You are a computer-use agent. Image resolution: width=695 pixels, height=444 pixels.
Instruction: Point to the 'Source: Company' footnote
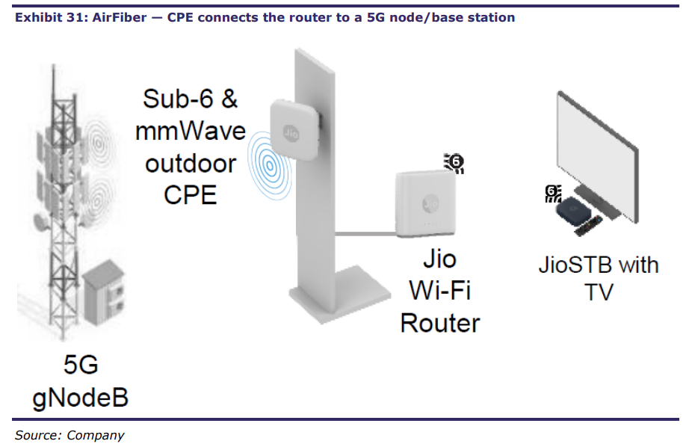coord(69,434)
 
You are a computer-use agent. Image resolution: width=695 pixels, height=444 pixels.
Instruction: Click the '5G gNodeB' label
coord(81,381)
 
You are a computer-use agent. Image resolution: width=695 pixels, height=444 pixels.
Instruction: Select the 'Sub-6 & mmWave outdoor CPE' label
coord(190,147)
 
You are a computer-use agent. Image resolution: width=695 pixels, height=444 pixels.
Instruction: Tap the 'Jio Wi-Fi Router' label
coord(439,291)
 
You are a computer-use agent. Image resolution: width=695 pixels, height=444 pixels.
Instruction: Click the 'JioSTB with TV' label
coord(599,277)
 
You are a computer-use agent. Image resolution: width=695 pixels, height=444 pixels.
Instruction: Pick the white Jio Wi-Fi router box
coord(423,202)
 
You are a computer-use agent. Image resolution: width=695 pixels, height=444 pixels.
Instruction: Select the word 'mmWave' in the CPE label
coord(190,131)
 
